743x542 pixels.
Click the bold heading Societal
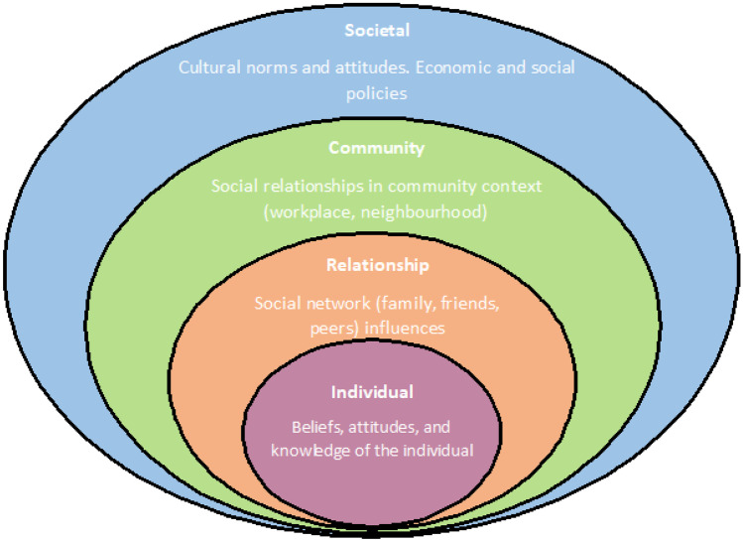370,29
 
